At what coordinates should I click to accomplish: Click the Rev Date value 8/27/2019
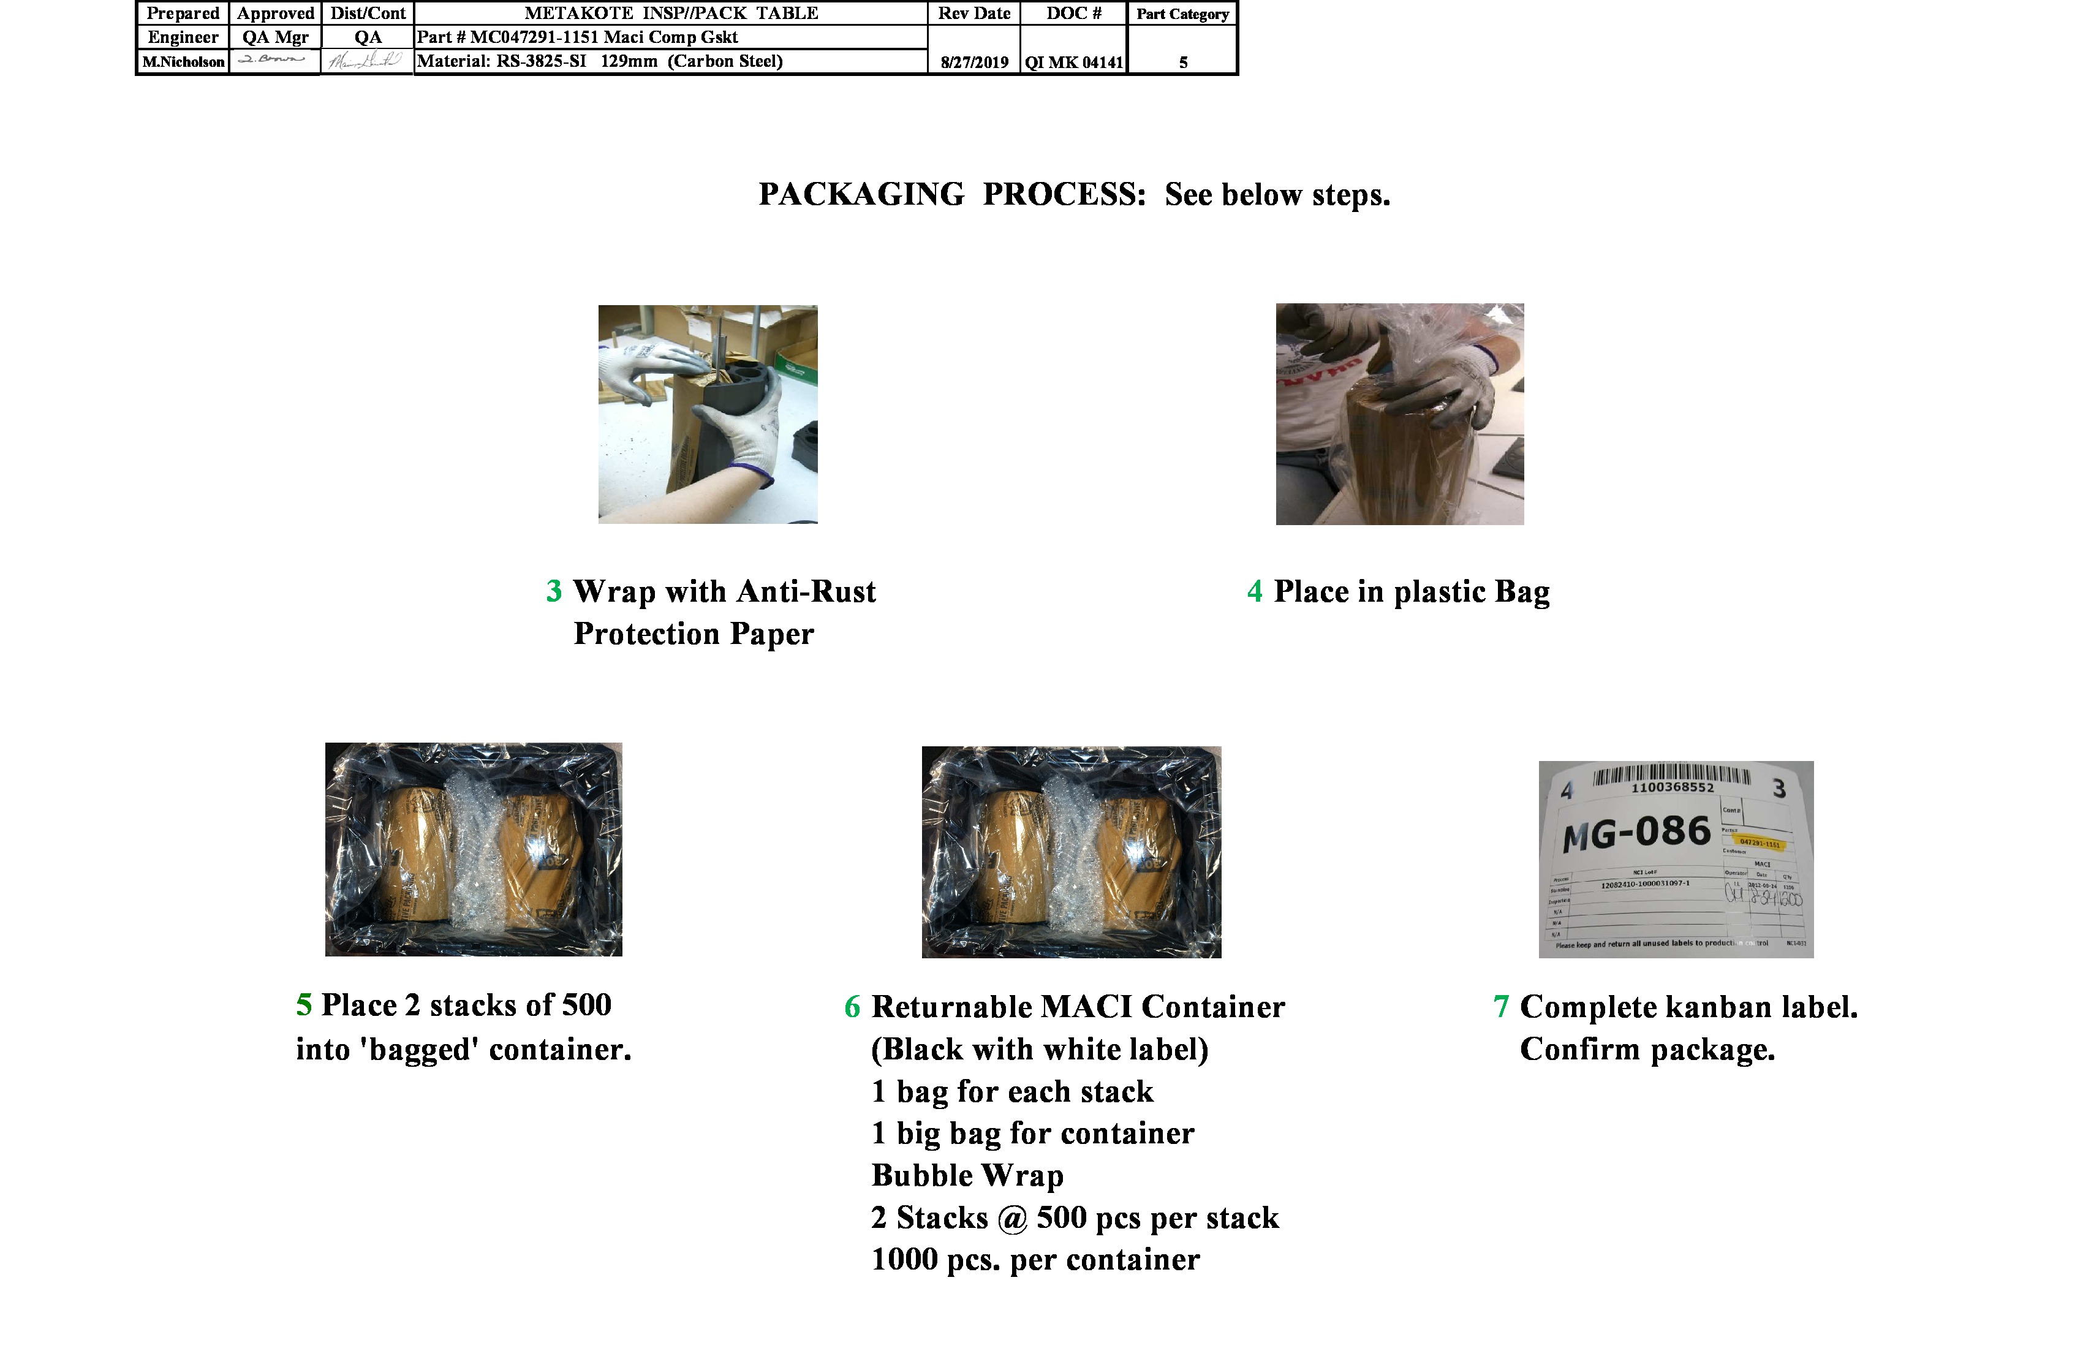(974, 62)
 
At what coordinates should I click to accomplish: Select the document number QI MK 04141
(1074, 62)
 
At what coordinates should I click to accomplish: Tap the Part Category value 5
(1182, 62)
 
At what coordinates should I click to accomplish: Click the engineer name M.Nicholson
(184, 62)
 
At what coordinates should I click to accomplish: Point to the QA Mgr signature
(273, 59)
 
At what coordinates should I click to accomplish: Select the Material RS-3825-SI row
(600, 61)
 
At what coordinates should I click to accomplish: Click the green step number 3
(554, 592)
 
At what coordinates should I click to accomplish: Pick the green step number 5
(304, 1005)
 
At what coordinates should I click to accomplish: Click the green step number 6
(852, 1007)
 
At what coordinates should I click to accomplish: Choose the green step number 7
(1501, 1007)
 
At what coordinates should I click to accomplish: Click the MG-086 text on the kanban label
(1636, 833)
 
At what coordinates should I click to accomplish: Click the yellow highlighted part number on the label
(1758, 843)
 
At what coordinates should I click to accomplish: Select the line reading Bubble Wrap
(967, 1176)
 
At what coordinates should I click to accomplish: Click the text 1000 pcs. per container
(1035, 1260)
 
